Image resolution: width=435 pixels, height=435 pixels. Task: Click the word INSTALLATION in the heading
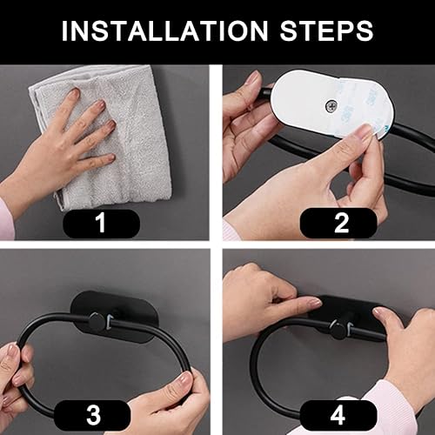pyautogui.click(x=164, y=30)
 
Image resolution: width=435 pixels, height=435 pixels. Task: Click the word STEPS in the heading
pyautogui.click(x=326, y=30)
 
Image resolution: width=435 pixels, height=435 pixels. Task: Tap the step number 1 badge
pyautogui.click(x=101, y=223)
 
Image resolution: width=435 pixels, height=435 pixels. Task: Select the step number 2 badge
pyautogui.click(x=338, y=223)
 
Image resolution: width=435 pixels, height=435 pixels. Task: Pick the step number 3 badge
pyautogui.click(x=92, y=415)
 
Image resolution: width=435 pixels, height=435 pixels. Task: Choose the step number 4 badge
pyautogui.click(x=338, y=415)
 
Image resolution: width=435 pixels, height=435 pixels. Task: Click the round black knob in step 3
pyautogui.click(x=97, y=321)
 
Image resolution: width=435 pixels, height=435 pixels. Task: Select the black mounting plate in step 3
pyautogui.click(x=115, y=317)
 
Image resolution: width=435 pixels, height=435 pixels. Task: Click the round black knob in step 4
pyautogui.click(x=338, y=331)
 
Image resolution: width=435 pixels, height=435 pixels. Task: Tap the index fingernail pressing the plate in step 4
pyautogui.click(x=314, y=303)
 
